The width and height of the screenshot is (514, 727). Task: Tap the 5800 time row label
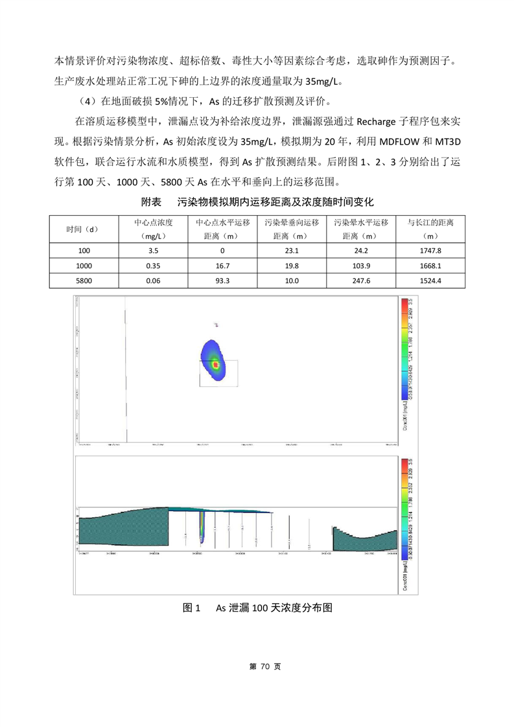pos(84,281)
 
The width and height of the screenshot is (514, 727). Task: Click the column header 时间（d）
pos(84,229)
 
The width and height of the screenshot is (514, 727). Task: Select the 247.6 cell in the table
pos(360,281)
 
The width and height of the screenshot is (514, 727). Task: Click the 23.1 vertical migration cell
pos(291,251)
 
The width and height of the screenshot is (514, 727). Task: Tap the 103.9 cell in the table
pos(360,266)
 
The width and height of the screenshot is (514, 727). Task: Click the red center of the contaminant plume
pos(216,365)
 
